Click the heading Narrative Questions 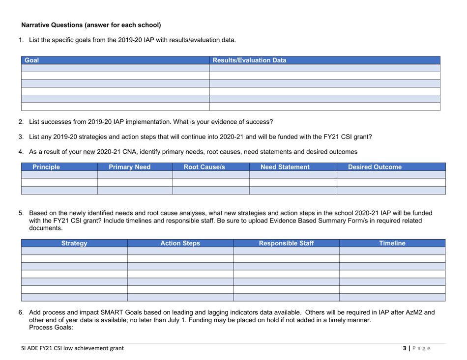[91, 24]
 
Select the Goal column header [31, 61]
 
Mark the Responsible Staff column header [286, 243]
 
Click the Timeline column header [392, 243]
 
